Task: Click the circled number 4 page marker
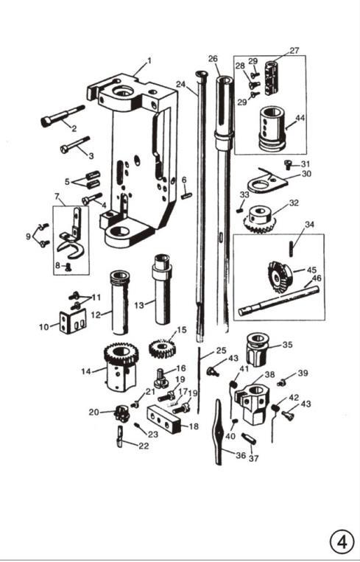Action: point(342,542)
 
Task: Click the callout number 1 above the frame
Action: point(149,60)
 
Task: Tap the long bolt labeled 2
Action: point(63,116)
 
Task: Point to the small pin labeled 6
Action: point(187,196)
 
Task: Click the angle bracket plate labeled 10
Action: point(73,321)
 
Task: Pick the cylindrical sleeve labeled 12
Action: point(119,303)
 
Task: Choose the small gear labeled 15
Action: point(161,348)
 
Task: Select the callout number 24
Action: point(180,85)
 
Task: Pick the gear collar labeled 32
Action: point(259,219)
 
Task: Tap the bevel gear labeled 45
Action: point(280,276)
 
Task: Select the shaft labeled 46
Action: point(278,301)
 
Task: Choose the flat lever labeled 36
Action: point(219,432)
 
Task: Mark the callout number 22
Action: point(144,446)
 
